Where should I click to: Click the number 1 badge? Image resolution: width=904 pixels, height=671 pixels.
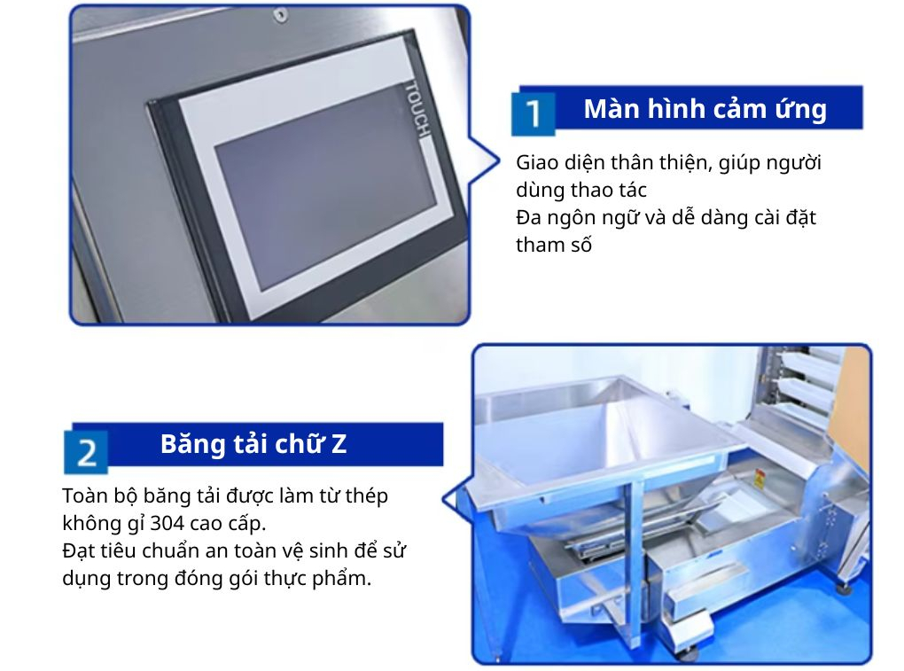point(534,113)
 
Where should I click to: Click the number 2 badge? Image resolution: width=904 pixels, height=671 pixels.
point(86,452)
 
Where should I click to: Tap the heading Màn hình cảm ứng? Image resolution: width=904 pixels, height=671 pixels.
point(705,109)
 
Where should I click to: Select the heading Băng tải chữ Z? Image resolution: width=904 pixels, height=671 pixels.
point(253,444)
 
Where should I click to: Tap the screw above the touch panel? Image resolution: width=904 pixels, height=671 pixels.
point(280,14)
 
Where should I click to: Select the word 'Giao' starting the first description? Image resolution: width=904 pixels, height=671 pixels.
point(537,163)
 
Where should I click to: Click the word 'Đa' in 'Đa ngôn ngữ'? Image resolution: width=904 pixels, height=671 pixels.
point(529,218)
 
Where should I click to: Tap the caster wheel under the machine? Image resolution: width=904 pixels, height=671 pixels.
point(689,654)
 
